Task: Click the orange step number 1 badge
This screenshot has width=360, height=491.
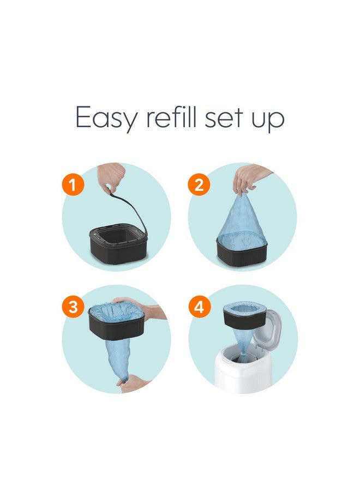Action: click(74, 185)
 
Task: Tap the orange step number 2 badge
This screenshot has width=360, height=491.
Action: click(199, 185)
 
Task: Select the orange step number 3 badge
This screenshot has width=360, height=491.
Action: click(74, 307)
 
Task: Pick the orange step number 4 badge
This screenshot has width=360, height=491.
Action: click(199, 307)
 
